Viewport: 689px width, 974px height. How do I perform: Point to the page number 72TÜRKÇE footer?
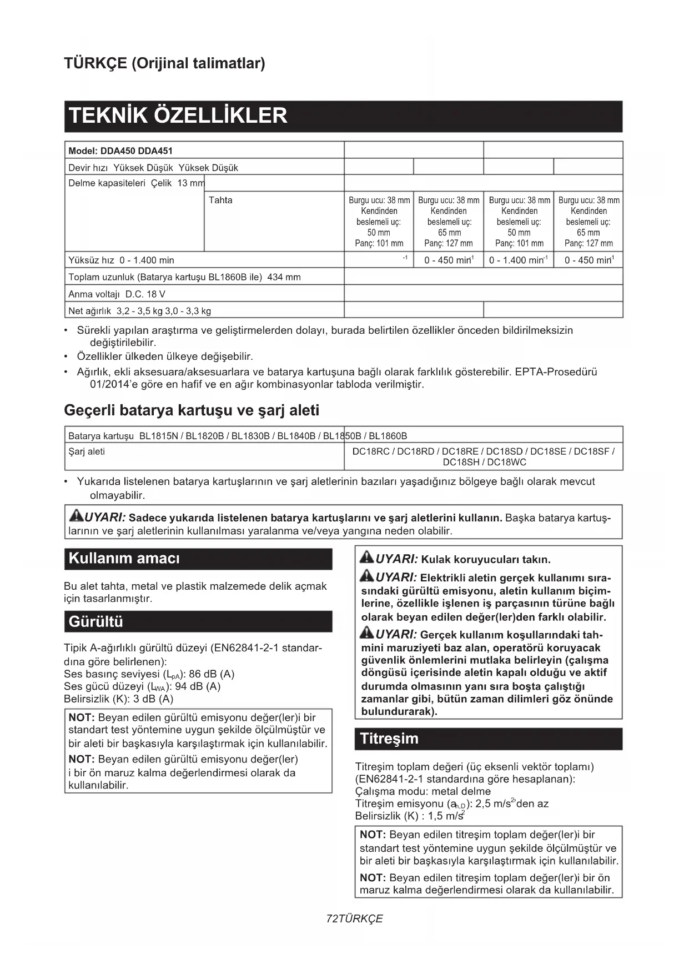point(354,918)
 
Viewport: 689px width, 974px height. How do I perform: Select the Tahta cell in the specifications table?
point(220,200)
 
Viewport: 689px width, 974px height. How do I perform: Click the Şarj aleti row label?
point(87,451)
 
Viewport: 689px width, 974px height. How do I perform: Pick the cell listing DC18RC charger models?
point(484,456)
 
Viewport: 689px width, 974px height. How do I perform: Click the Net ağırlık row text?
point(139,311)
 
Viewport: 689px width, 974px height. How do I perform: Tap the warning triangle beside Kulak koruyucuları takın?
point(366,558)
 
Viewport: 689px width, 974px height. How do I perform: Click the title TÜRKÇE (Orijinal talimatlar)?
point(164,63)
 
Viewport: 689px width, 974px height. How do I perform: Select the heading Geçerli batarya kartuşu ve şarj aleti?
point(192,410)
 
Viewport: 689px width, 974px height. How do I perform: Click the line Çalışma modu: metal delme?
point(423,791)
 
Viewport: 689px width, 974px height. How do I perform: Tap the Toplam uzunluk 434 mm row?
point(184,277)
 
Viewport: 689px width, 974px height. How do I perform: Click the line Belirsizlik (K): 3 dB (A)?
point(119,699)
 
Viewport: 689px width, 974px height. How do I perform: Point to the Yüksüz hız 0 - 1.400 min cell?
point(121,260)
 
